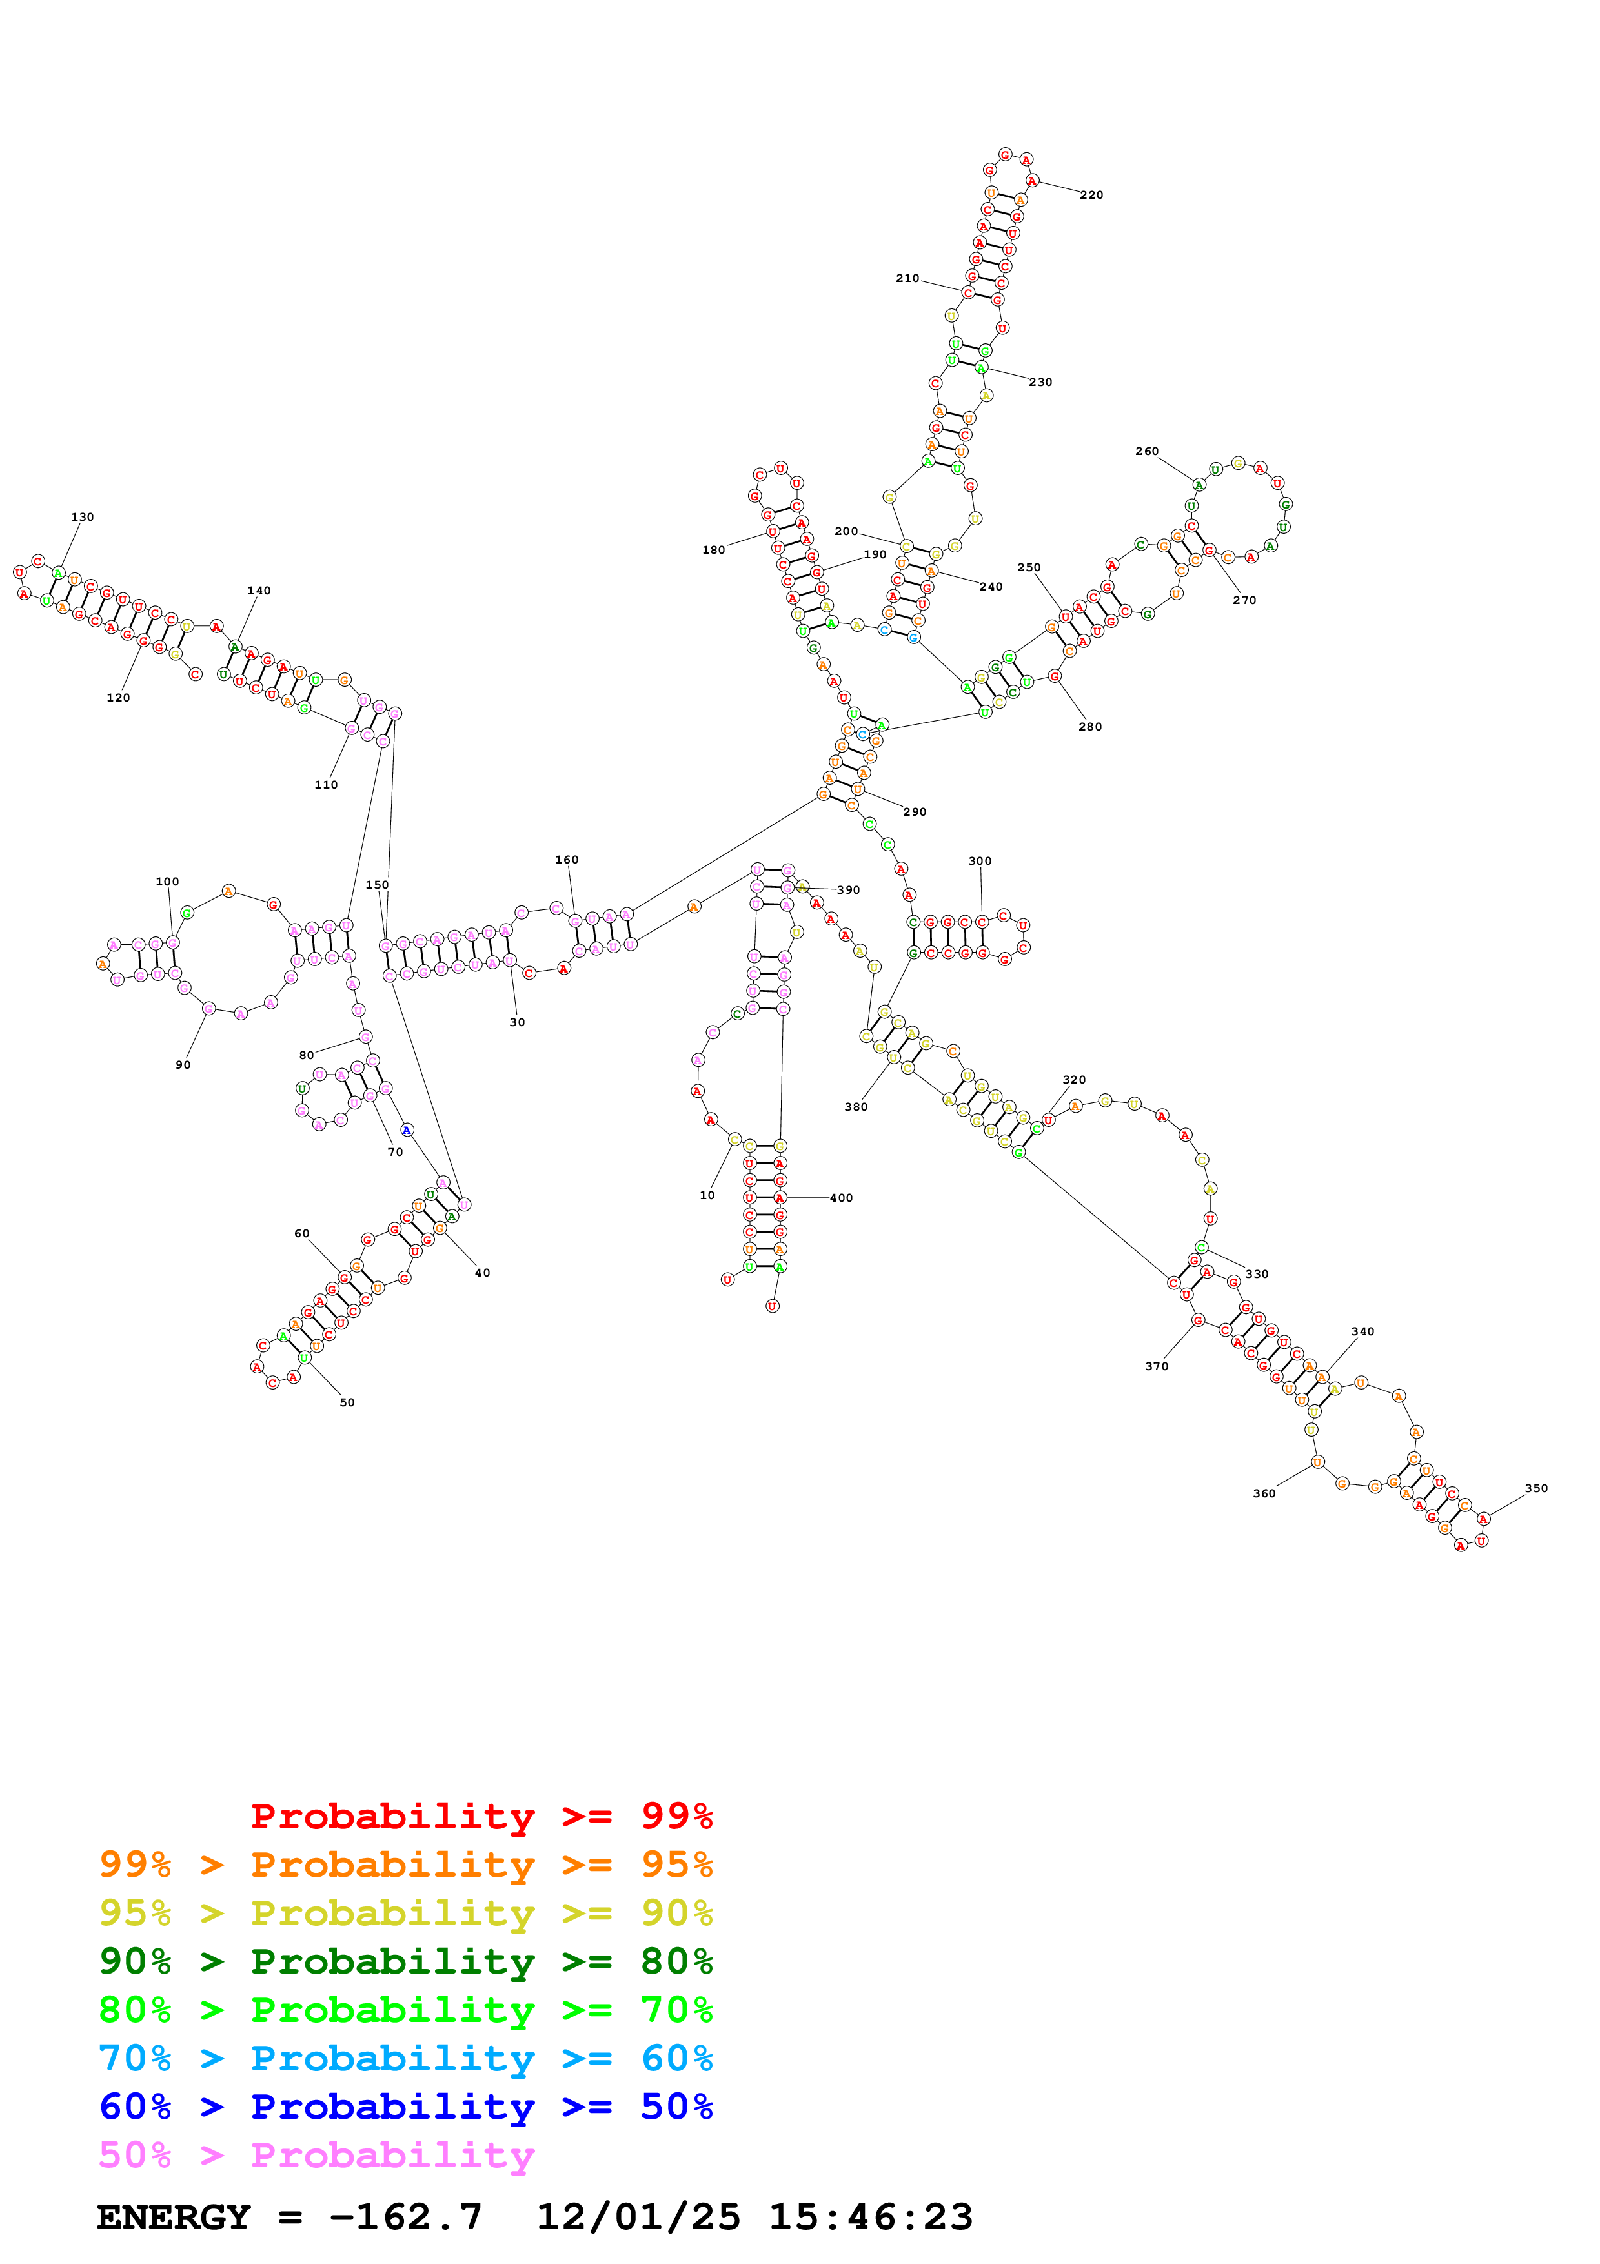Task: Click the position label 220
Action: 1091,196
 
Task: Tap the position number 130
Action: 83,517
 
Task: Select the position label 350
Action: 1536,1488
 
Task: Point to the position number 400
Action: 841,1198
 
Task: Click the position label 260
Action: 1146,452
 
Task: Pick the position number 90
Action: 183,1065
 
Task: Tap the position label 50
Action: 347,1402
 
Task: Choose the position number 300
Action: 980,861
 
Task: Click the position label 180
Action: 714,551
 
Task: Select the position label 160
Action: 567,860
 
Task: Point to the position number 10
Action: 707,1195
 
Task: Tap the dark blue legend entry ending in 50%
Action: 405,2107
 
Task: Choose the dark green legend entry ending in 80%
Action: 405,1961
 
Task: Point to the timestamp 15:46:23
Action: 871,2217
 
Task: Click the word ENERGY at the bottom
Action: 174,2217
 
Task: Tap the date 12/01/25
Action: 638,2217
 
